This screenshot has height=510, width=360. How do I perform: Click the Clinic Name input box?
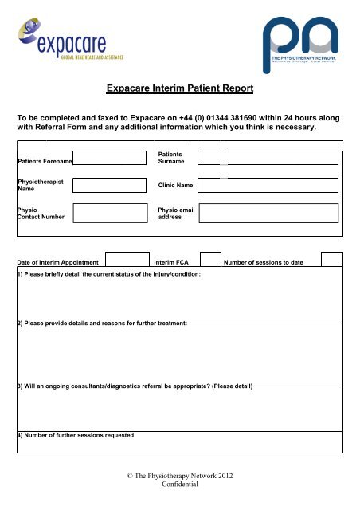pyautogui.click(x=270, y=186)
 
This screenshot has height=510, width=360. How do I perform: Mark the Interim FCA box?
pyautogui.click(x=209, y=259)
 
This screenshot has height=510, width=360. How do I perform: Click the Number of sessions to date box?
pyautogui.click(x=332, y=259)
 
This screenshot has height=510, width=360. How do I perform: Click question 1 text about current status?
pyautogui.click(x=109, y=273)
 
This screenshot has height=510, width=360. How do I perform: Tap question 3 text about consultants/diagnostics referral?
pyautogui.click(x=135, y=386)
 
